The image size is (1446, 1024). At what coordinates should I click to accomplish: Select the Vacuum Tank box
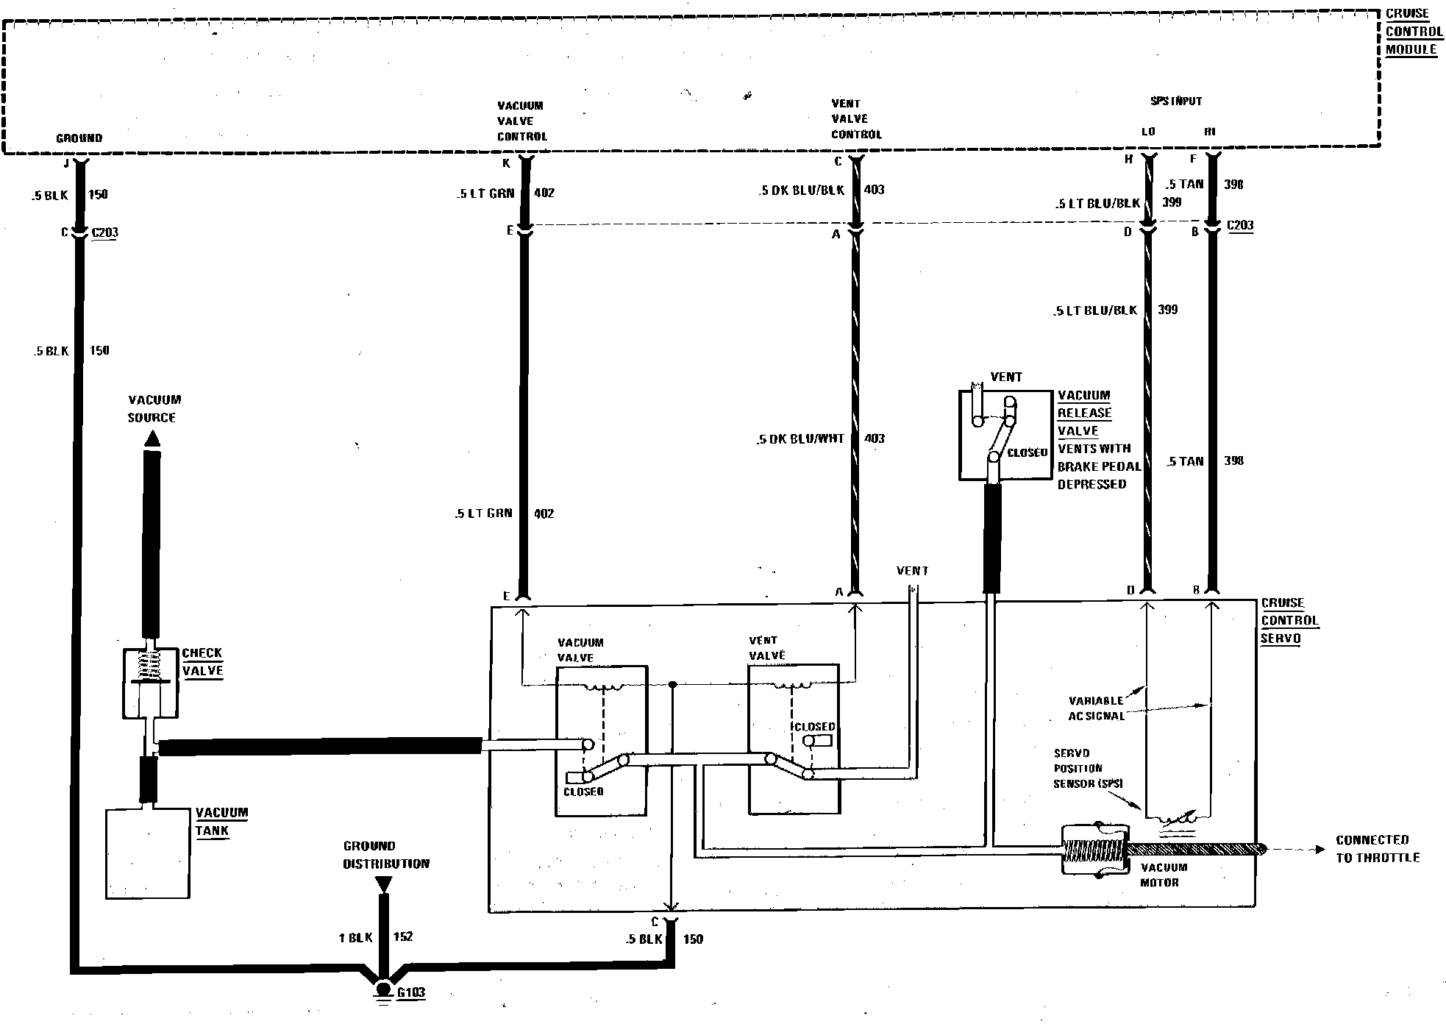[x=149, y=853]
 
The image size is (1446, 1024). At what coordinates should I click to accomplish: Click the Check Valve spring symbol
[x=152, y=665]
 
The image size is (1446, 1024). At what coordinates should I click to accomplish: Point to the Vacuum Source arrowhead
[x=152, y=440]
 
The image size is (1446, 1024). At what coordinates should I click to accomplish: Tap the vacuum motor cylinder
[x=1094, y=849]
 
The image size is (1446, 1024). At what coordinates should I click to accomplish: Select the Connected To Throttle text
[x=1377, y=849]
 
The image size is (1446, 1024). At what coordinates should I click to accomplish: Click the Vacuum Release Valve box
[x=1005, y=435]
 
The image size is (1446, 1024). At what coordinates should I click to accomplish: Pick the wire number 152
[x=402, y=936]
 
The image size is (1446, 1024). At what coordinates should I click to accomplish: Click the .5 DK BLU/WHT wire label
[x=800, y=439]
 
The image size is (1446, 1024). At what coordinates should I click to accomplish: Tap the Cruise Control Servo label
[x=1289, y=621]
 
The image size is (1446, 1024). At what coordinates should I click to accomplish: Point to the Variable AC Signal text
[x=1096, y=708]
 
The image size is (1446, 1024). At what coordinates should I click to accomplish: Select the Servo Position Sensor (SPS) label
[x=1088, y=768]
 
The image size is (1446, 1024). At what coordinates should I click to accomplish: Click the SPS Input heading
[x=1175, y=102]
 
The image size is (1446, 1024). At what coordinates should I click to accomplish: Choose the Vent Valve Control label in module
[x=855, y=119]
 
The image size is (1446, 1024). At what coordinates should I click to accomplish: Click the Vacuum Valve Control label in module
[x=521, y=121]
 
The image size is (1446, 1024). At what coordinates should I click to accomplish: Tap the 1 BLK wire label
[x=355, y=937]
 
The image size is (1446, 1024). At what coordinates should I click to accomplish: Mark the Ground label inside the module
[x=79, y=138]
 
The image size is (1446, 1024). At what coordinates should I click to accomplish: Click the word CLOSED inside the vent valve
[x=814, y=727]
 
